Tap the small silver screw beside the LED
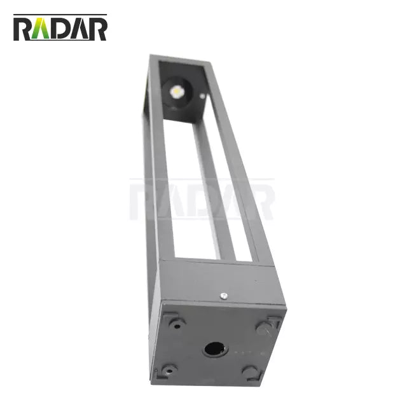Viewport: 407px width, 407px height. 202,96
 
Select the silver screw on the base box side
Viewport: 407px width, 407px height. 223,294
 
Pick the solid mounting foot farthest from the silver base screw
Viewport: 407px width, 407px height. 250,372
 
